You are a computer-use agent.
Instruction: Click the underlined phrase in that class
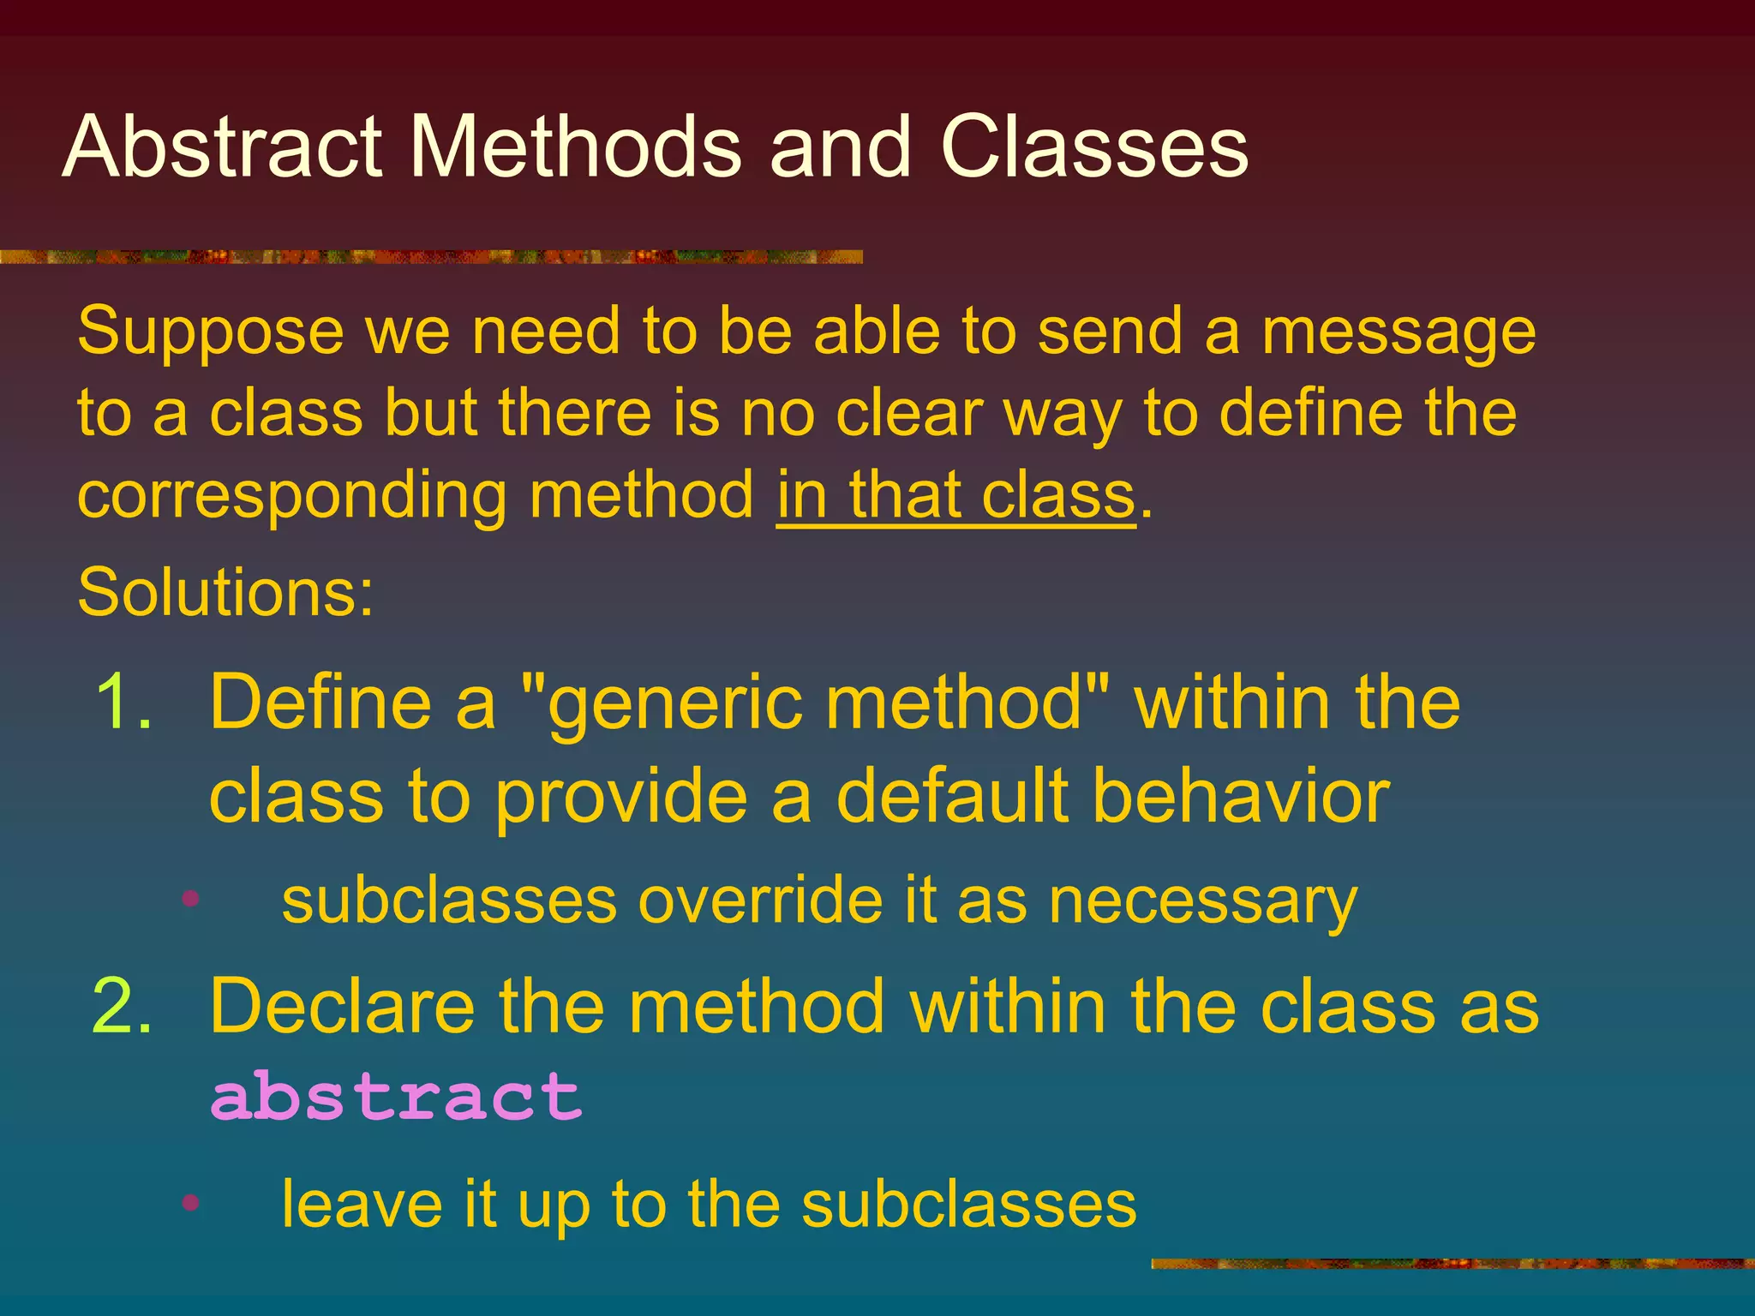[x=955, y=497]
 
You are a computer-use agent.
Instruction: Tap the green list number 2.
[x=122, y=1007]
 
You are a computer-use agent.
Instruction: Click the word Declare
[x=342, y=1007]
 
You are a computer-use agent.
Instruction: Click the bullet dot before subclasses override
[x=190, y=899]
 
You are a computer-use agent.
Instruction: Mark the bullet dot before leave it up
[x=190, y=1202]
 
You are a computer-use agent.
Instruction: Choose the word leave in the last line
[x=362, y=1204]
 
